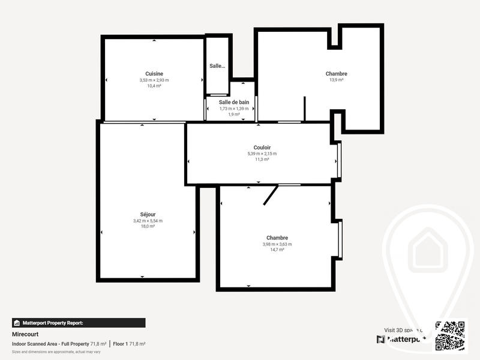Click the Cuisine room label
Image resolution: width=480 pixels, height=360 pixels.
click(x=154, y=74)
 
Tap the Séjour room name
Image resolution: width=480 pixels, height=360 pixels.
click(x=148, y=214)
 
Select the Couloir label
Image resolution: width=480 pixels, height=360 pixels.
click(x=262, y=147)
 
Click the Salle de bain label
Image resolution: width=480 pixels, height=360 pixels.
click(x=233, y=102)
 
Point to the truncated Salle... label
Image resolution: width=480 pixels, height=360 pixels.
click(x=217, y=66)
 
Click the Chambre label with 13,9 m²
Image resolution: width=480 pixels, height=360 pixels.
click(x=336, y=74)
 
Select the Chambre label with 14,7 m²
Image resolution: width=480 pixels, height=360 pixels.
click(x=277, y=238)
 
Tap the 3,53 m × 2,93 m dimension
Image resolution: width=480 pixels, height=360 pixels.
click(x=154, y=80)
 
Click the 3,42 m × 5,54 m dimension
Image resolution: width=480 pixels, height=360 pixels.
click(x=148, y=221)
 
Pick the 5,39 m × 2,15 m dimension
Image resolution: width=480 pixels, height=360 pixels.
click(x=262, y=154)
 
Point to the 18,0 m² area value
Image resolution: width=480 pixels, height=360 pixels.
click(x=148, y=226)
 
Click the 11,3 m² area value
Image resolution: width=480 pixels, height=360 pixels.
click(x=262, y=160)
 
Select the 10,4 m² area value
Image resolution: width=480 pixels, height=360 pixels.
click(x=154, y=86)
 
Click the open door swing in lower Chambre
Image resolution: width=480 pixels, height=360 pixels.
click(x=271, y=195)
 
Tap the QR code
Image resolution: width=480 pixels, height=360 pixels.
click(x=451, y=335)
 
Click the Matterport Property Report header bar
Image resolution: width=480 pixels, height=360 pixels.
click(x=79, y=323)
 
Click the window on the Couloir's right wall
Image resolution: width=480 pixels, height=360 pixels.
click(x=339, y=160)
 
